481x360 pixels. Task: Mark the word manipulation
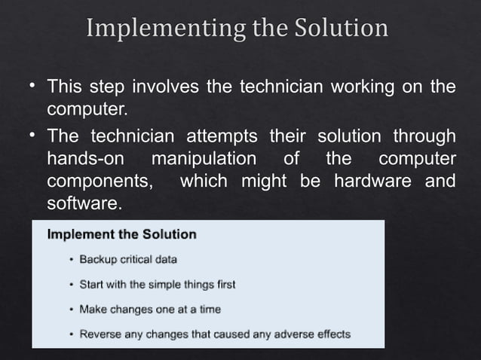pos(204,160)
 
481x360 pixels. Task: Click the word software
pos(83,204)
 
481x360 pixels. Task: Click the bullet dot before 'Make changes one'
pos(72,310)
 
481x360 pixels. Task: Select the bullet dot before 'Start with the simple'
pos(72,285)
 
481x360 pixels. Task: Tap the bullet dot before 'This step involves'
pos(34,87)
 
